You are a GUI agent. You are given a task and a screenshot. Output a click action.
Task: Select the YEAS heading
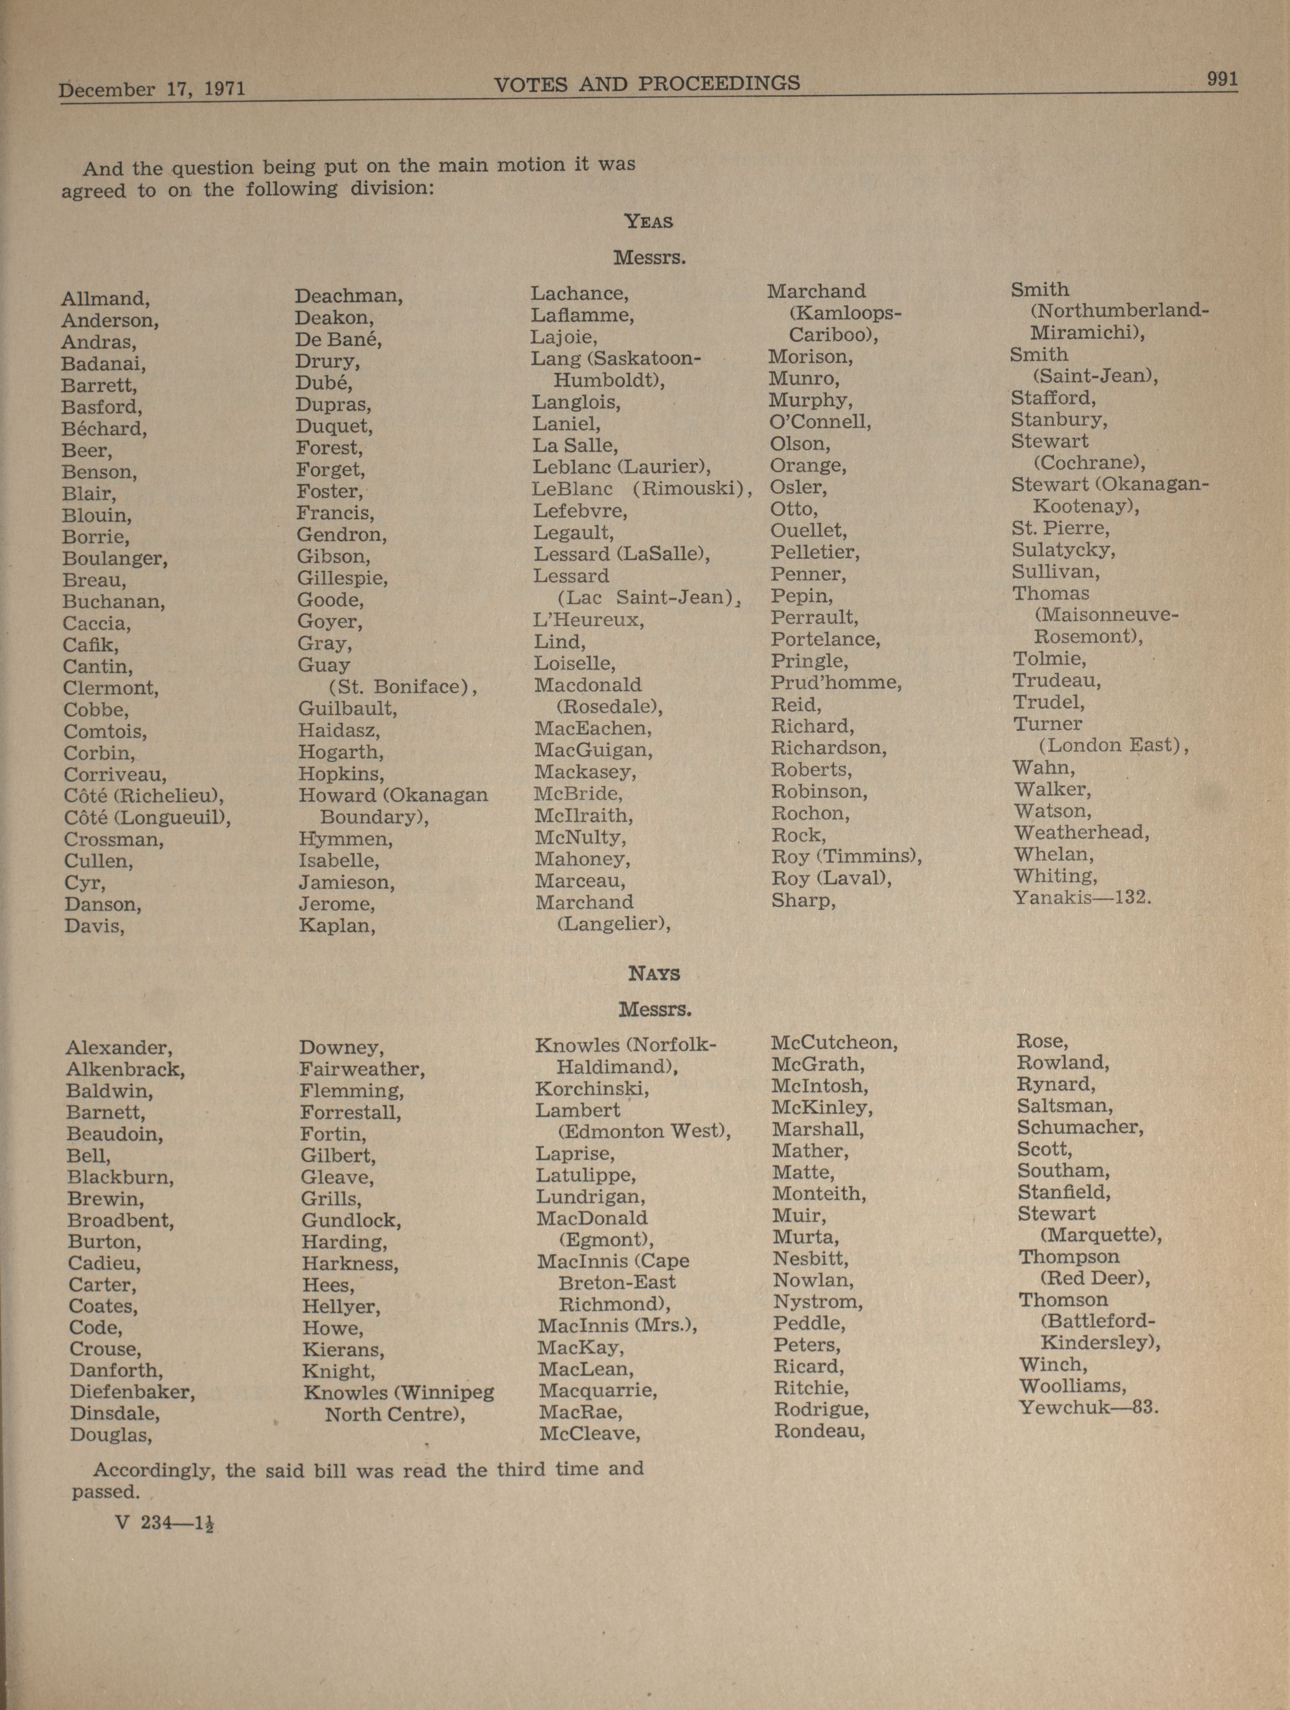click(x=648, y=222)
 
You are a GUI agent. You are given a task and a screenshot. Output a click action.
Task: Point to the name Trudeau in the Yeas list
click(x=1056, y=681)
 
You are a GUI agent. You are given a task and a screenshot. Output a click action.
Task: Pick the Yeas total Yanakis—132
click(x=1081, y=898)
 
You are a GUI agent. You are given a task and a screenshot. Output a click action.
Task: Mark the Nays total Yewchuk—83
click(x=1088, y=1407)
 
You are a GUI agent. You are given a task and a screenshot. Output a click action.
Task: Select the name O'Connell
click(x=820, y=422)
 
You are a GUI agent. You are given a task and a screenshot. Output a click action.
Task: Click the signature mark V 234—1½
click(x=164, y=1522)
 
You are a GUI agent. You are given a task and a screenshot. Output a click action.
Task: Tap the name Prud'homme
click(x=836, y=683)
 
